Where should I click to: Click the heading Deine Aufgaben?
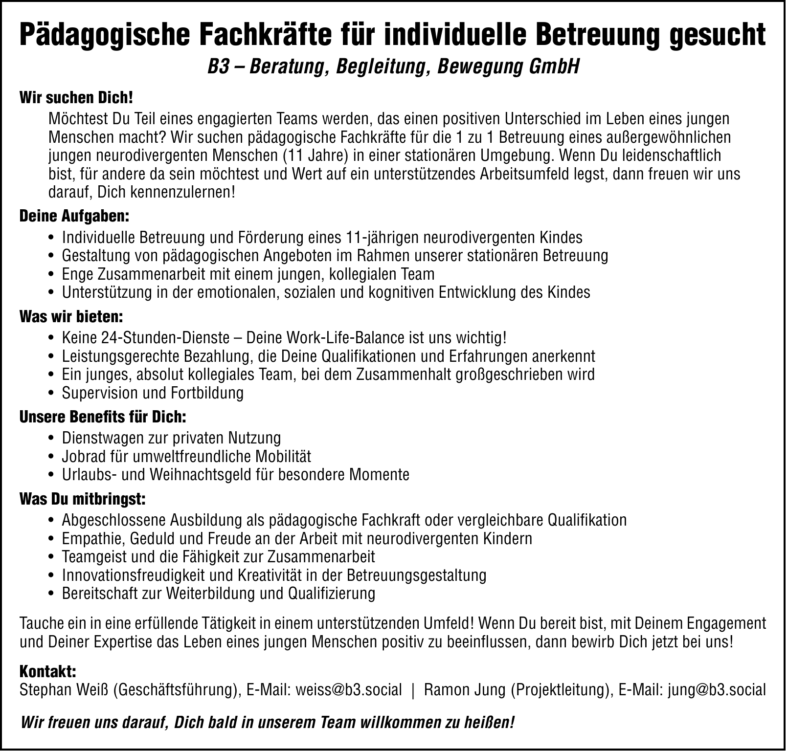(74, 216)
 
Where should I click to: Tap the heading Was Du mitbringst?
(82, 500)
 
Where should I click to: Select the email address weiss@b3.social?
(349, 690)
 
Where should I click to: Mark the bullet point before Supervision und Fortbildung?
(51, 394)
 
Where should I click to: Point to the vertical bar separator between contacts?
(414, 690)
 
